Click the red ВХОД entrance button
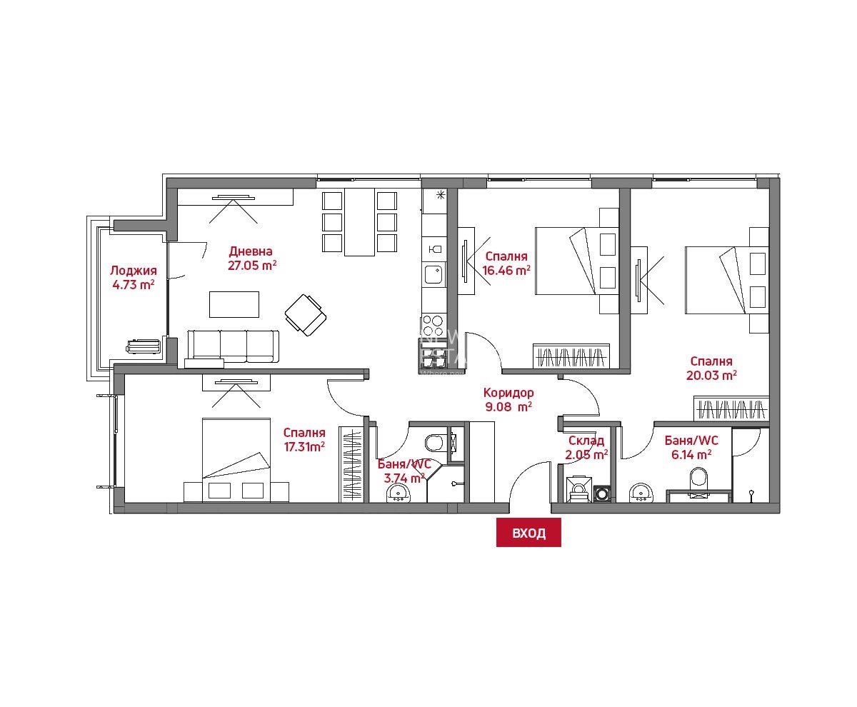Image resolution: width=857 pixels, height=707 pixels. [528, 533]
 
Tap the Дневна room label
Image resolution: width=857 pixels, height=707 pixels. [251, 251]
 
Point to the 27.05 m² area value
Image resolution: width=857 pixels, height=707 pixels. [252, 265]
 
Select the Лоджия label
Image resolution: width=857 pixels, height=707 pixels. [134, 271]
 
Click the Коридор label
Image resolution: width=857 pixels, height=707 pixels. [508, 393]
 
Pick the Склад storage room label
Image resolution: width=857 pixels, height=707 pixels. [586, 441]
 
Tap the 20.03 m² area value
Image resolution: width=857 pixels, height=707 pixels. [711, 375]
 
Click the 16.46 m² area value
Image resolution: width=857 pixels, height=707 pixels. [506, 270]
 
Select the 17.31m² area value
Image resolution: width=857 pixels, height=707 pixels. [304, 447]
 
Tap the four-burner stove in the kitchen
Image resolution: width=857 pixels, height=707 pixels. [433, 325]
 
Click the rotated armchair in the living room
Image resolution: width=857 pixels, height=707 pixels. [306, 315]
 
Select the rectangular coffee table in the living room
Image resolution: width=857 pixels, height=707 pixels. [234, 304]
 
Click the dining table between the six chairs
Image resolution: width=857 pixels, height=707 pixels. [359, 222]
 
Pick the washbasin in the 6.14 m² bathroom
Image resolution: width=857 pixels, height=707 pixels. [640, 493]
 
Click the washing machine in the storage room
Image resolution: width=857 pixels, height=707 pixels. [603, 494]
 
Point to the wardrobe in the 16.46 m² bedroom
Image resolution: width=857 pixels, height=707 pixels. [571, 356]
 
